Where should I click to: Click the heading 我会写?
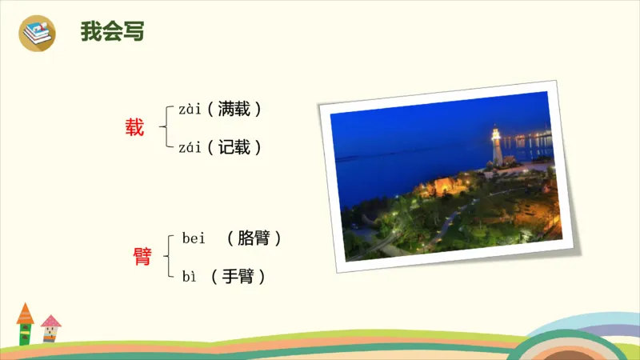[112, 32]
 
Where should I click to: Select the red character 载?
[134, 126]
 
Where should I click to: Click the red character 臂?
[142, 256]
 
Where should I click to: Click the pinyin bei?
[194, 238]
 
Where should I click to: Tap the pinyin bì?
[190, 277]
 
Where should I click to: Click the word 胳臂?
[254, 238]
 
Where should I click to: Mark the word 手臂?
[238, 277]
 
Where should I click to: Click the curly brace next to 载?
[166, 127]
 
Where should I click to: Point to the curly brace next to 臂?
[168, 256]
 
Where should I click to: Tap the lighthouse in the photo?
[496, 146]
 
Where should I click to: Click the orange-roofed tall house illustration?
[25, 324]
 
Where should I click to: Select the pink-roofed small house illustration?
[51, 328]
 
